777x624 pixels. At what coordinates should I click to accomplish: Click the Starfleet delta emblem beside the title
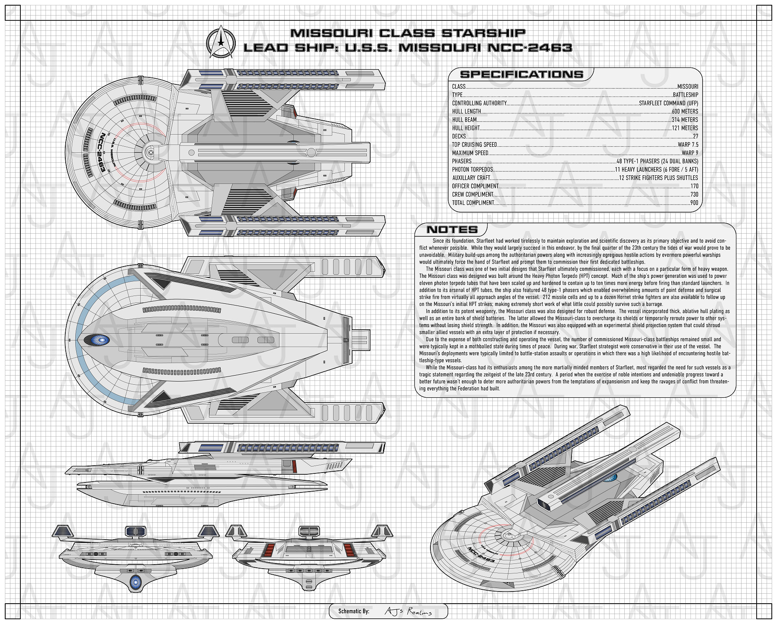[x=221, y=42]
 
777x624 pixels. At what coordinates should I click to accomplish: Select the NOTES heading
[x=452, y=230]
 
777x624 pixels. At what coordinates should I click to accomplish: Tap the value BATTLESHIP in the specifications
[x=685, y=95]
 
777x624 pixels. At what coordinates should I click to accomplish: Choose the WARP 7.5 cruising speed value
[x=688, y=145]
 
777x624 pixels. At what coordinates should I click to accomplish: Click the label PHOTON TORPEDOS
[x=472, y=170]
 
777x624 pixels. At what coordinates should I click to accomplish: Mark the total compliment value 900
[x=694, y=203]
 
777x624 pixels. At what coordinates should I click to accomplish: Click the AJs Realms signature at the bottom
[x=408, y=611]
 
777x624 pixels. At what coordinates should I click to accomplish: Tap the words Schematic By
[x=353, y=611]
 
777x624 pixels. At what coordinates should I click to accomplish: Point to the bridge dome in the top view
[x=150, y=152]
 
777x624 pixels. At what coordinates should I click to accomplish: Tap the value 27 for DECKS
[x=695, y=136]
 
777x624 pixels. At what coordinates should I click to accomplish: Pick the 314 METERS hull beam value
[x=684, y=120]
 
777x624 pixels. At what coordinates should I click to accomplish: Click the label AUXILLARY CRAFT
[x=471, y=178]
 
